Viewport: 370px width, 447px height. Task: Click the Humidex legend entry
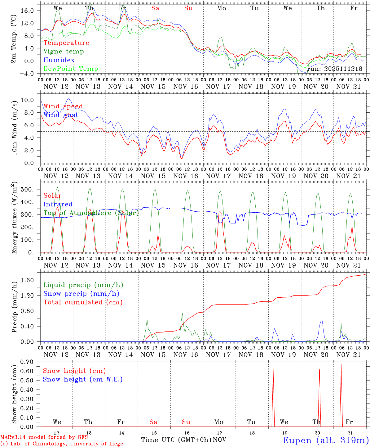59,60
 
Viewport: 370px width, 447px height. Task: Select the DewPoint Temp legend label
71,69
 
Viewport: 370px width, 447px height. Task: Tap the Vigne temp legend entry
64,52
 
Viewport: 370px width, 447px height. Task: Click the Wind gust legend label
61,115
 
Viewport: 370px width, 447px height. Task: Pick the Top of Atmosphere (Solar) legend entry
91,213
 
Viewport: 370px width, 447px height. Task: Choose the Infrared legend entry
58,204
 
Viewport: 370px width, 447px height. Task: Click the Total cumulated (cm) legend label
83,302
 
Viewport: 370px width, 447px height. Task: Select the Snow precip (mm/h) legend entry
81,294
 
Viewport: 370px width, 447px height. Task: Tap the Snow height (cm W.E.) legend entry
83,379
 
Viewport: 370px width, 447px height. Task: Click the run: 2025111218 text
335,69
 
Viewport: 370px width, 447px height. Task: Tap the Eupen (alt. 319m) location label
326,440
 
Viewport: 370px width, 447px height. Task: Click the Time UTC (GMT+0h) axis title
176,440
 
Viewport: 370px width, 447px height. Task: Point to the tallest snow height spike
341,365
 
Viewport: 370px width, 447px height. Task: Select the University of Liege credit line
62,444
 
